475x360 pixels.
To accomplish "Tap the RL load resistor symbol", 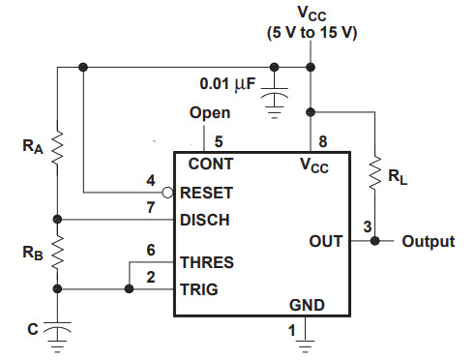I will [x=375, y=174].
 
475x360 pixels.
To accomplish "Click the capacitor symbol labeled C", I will [x=57, y=330].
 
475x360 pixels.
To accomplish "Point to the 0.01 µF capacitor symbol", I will [x=276, y=96].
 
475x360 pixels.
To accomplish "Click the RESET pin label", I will [x=205, y=193].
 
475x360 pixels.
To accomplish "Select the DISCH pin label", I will [x=204, y=220].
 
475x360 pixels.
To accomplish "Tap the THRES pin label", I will [x=206, y=262].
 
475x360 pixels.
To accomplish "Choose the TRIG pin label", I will [x=200, y=288].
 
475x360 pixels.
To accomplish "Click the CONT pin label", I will [x=210, y=165].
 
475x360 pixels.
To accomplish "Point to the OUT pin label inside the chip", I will [x=325, y=240].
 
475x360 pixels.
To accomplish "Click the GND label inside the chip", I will [x=307, y=305].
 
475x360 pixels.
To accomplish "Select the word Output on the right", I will [x=428, y=241].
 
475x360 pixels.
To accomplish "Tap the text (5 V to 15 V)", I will [x=312, y=33].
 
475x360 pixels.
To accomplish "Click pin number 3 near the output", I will [x=367, y=226].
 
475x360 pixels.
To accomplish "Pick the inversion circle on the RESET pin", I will [x=168, y=193].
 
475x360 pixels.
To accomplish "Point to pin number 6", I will [x=150, y=249].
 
